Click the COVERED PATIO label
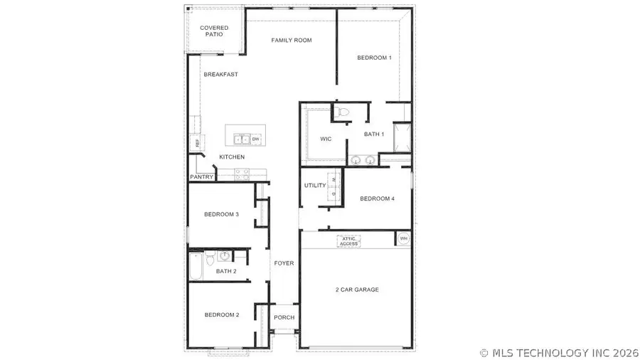pyautogui.click(x=214, y=31)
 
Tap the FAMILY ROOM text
pyautogui.click(x=292, y=41)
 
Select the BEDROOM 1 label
pyautogui.click(x=374, y=58)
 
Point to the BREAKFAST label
pyautogui.click(x=220, y=74)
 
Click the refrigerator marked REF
pyautogui.click(x=198, y=142)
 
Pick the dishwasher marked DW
pyautogui.click(x=255, y=139)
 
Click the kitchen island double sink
pyautogui.click(x=240, y=139)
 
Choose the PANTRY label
pyautogui.click(x=201, y=177)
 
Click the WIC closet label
pyautogui.click(x=326, y=139)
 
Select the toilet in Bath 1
pyautogui.click(x=342, y=111)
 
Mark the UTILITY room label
pyautogui.click(x=314, y=186)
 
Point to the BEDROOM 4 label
pyautogui.click(x=377, y=198)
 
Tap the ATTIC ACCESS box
pyautogui.click(x=348, y=242)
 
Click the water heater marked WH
pyautogui.click(x=404, y=238)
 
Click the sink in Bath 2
pyautogui.click(x=224, y=256)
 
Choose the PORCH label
pyautogui.click(x=284, y=317)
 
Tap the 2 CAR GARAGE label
pyautogui.click(x=357, y=290)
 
